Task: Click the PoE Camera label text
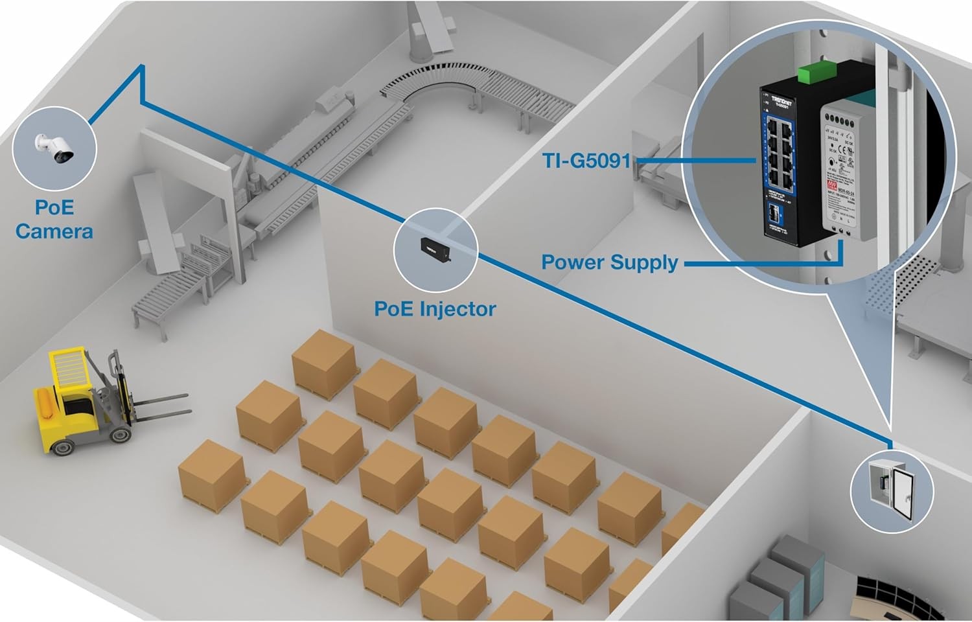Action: [54, 220]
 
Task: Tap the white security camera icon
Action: [54, 148]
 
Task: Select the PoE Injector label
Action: [435, 309]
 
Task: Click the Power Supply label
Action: [610, 262]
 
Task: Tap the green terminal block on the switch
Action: [814, 73]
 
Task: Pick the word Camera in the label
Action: [54, 231]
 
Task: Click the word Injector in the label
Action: [457, 309]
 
